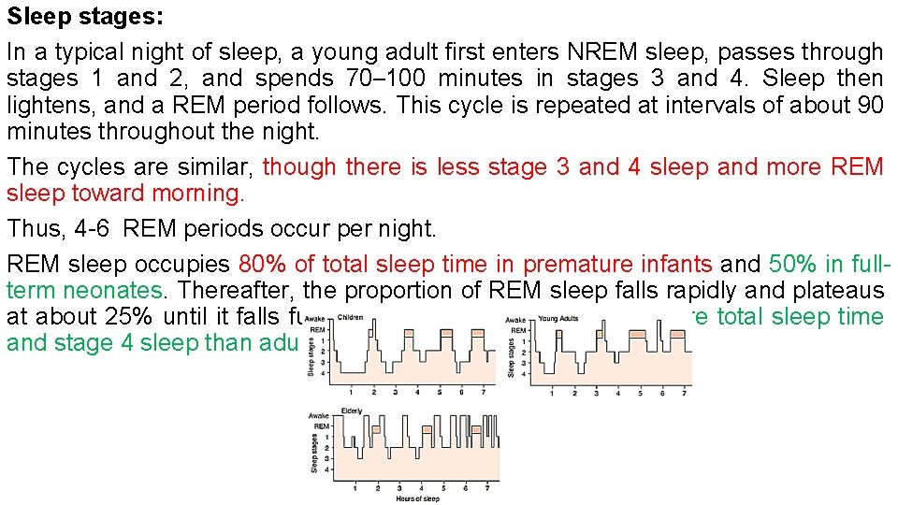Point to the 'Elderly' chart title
point(352,411)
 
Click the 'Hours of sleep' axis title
point(417,498)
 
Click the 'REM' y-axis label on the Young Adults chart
point(517,329)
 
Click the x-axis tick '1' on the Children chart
point(351,393)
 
